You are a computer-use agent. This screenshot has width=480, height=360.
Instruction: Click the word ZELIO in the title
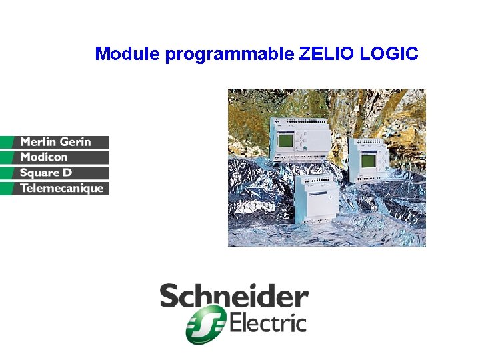[327, 53]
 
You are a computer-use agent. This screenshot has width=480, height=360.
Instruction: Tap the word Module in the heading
[127, 53]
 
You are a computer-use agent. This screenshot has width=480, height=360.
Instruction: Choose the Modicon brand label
[44, 157]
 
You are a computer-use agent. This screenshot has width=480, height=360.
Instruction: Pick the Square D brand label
[46, 173]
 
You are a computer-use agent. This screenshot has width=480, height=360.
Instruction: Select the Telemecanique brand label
[62, 189]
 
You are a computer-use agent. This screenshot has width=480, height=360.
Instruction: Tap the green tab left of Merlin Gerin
[8, 142]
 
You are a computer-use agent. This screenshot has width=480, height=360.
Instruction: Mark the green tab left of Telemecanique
[8, 189]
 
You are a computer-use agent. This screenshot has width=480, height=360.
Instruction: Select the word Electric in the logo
[268, 325]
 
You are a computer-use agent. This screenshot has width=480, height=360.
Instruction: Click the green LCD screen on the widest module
[286, 141]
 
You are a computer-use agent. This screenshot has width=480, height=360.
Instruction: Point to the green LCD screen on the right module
[368, 161]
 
